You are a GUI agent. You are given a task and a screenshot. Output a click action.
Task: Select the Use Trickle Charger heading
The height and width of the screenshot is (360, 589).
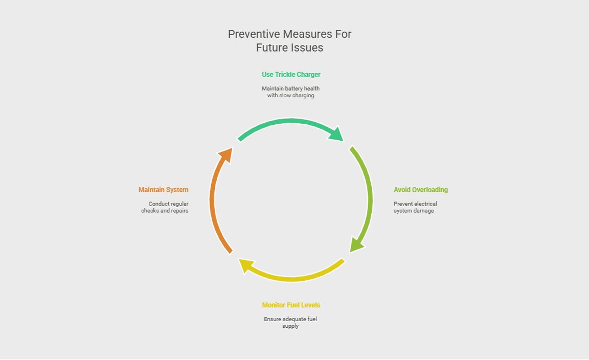click(291, 75)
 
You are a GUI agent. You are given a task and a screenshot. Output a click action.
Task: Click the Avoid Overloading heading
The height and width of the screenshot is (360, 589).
click(420, 190)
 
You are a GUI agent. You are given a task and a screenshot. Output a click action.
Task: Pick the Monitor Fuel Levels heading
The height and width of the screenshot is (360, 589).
click(291, 305)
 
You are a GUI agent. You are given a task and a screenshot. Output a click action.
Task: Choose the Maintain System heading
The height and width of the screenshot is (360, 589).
click(163, 190)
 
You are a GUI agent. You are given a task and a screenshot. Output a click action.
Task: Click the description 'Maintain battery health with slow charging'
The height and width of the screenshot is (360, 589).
click(290, 92)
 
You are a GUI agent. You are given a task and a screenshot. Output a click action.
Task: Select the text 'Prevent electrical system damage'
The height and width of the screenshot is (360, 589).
click(415, 207)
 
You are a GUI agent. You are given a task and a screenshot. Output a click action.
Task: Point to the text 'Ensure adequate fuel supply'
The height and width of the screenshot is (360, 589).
click(290, 323)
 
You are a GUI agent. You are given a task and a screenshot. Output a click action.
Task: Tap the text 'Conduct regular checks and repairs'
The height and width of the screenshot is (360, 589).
click(165, 207)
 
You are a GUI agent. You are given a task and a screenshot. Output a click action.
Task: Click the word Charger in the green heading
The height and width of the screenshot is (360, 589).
click(307, 75)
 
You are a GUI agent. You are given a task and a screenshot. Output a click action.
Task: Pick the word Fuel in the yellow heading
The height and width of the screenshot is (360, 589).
click(293, 305)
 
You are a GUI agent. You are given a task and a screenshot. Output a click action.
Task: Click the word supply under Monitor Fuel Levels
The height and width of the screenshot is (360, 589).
click(290, 326)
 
